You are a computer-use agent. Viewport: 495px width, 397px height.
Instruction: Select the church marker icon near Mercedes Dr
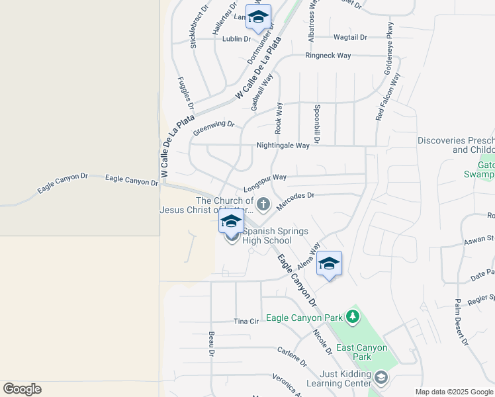263,204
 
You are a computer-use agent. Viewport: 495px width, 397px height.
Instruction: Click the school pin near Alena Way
329,264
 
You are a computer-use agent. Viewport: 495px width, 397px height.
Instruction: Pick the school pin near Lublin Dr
258,17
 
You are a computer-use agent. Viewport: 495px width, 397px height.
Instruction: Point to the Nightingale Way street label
283,146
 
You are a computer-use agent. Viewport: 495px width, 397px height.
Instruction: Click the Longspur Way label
265,177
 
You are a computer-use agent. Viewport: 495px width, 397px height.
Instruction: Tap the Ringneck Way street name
328,56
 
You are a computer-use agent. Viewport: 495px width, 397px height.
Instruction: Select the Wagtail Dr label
350,37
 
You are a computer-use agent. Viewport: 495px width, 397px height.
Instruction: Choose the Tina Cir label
246,321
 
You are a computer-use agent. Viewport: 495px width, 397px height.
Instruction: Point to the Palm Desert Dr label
461,322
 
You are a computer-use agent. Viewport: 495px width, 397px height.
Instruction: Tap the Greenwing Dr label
214,127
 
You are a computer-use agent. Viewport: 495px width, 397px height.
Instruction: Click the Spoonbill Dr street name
318,124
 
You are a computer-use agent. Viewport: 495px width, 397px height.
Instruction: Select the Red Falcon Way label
388,97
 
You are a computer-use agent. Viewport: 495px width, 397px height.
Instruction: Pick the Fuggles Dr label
186,93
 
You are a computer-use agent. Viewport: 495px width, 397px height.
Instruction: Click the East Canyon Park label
361,352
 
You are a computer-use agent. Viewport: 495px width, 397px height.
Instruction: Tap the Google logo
22,389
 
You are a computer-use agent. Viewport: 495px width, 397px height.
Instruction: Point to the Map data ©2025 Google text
454,392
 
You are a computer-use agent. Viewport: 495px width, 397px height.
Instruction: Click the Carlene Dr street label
292,357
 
